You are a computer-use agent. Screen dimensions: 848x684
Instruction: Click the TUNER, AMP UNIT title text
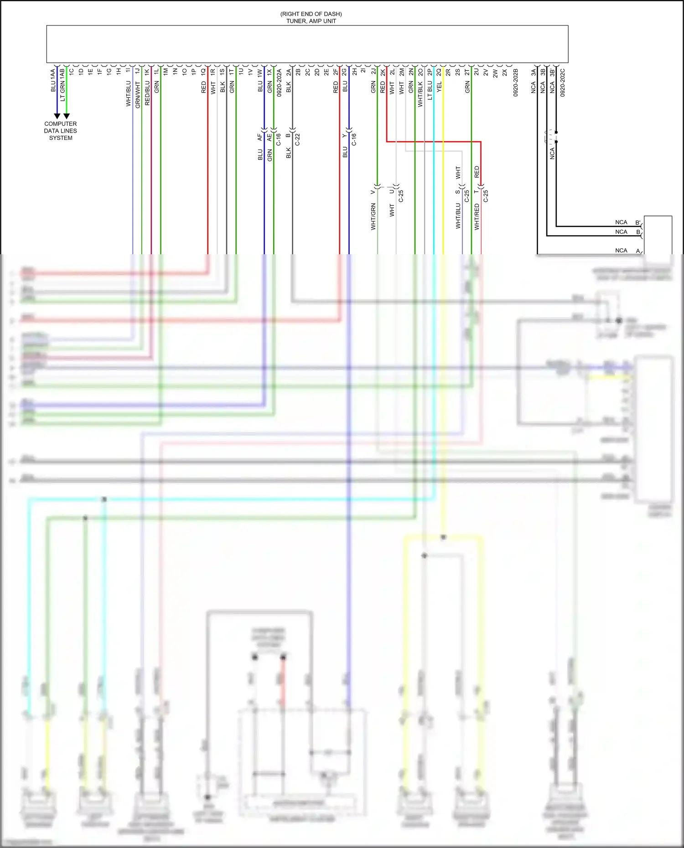point(311,21)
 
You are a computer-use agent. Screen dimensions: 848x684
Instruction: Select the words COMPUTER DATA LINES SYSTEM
point(61,131)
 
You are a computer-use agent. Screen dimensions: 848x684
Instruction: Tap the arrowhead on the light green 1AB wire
point(67,116)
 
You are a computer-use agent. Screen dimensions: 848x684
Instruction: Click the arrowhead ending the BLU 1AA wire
point(57,116)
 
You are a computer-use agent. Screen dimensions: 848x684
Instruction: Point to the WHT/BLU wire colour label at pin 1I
point(129,94)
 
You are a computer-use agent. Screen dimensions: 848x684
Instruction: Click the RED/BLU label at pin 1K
point(147,93)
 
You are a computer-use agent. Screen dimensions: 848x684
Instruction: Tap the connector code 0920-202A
point(279,82)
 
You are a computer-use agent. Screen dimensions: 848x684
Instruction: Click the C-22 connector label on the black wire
point(298,139)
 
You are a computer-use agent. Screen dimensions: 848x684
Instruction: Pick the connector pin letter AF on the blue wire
point(260,136)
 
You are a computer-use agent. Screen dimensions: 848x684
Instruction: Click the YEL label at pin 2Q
point(440,87)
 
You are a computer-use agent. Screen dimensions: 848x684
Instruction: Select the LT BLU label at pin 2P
point(430,90)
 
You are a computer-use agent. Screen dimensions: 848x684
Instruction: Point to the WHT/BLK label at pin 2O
point(420,94)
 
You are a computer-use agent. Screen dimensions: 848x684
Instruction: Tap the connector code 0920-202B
point(516,82)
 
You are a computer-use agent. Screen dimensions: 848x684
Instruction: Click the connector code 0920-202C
point(563,82)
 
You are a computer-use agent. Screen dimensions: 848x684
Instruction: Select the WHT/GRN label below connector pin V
point(373,216)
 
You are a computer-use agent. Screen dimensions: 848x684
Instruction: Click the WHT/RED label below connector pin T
point(477,216)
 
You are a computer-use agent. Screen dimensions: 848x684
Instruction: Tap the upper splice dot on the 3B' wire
point(556,133)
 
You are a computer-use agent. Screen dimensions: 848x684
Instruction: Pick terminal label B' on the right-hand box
point(638,223)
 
